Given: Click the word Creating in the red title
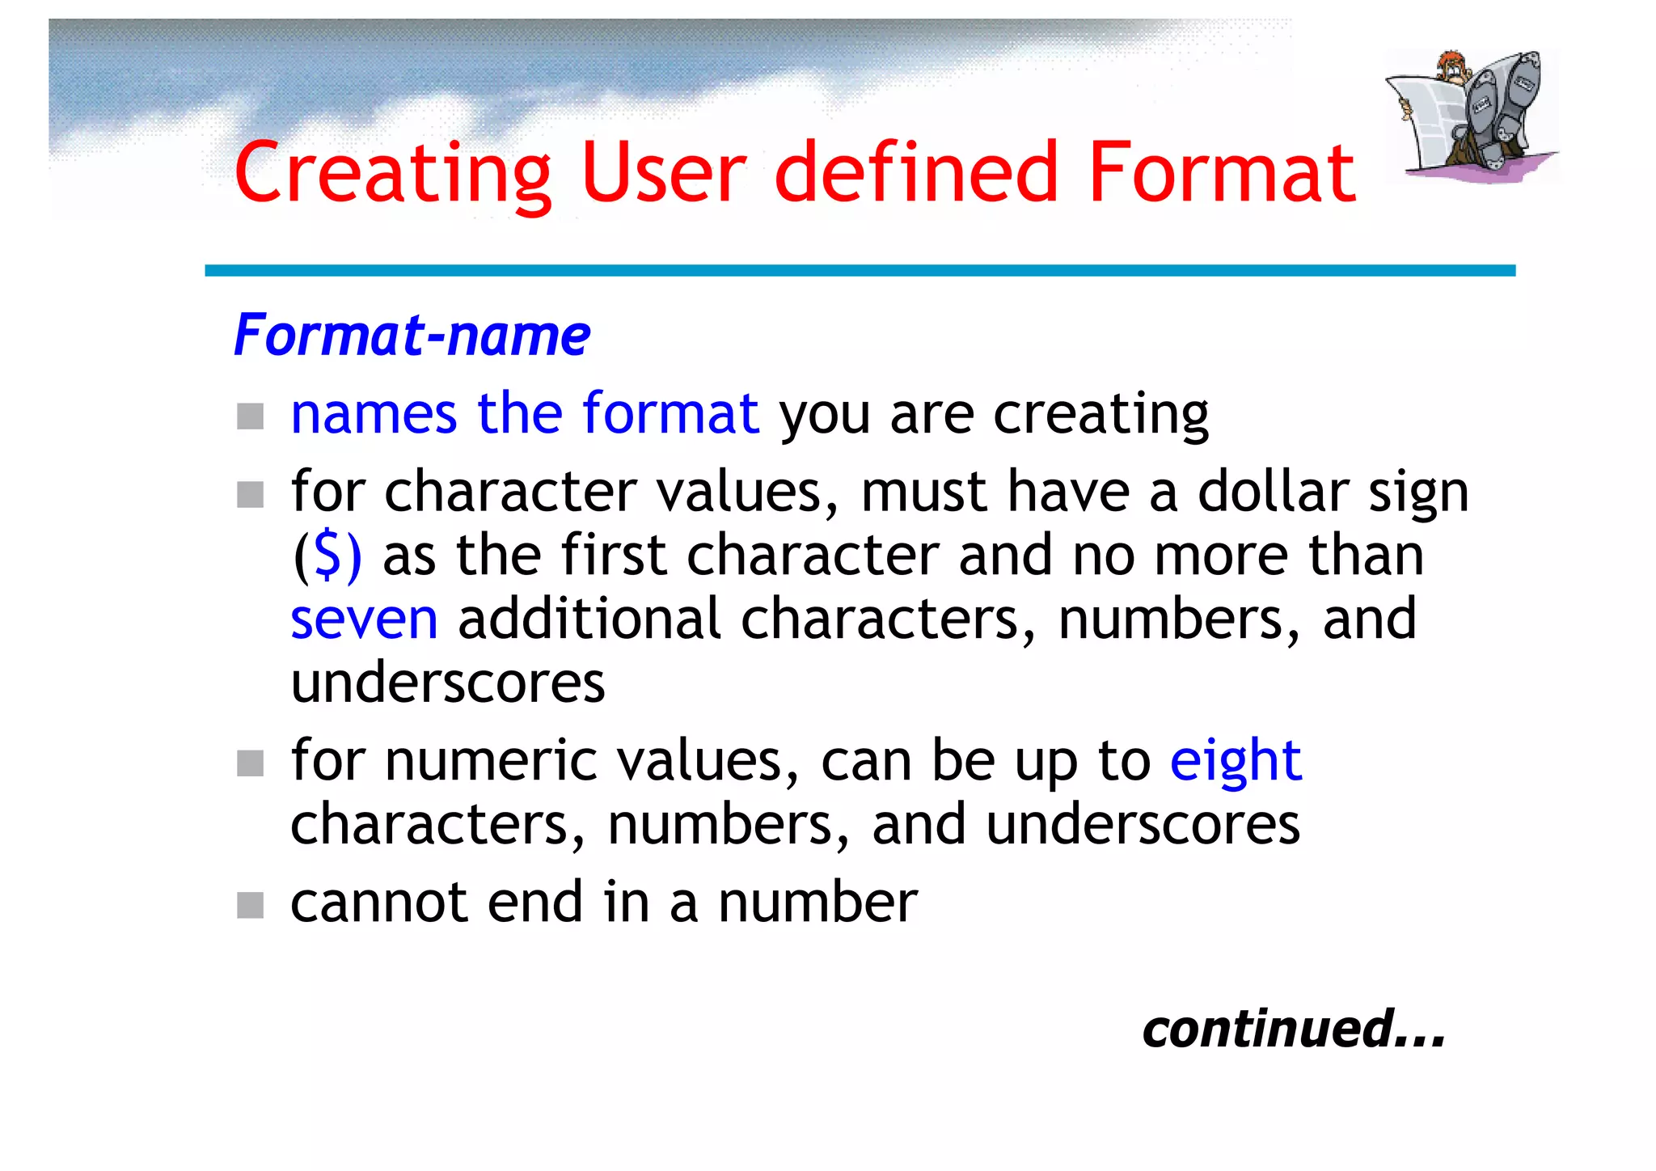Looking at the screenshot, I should click(393, 173).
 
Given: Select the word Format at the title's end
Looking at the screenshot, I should click(1222, 173).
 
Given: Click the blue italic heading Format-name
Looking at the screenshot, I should click(412, 336).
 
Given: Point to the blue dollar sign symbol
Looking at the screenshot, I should click(327, 556).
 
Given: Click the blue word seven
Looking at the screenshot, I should click(364, 619).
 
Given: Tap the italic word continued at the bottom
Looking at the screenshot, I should click(1269, 1029).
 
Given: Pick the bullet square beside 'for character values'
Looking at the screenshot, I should click(251, 494).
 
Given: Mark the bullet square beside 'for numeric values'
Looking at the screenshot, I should click(251, 763).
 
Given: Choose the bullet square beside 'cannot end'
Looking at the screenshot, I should click(251, 905).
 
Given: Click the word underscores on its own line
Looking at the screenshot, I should click(447, 683).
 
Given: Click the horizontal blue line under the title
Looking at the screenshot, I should click(860, 270).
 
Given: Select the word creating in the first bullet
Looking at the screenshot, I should click(1100, 414).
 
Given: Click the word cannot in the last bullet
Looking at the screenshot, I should click(379, 903).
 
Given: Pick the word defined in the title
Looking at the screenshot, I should click(916, 173).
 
